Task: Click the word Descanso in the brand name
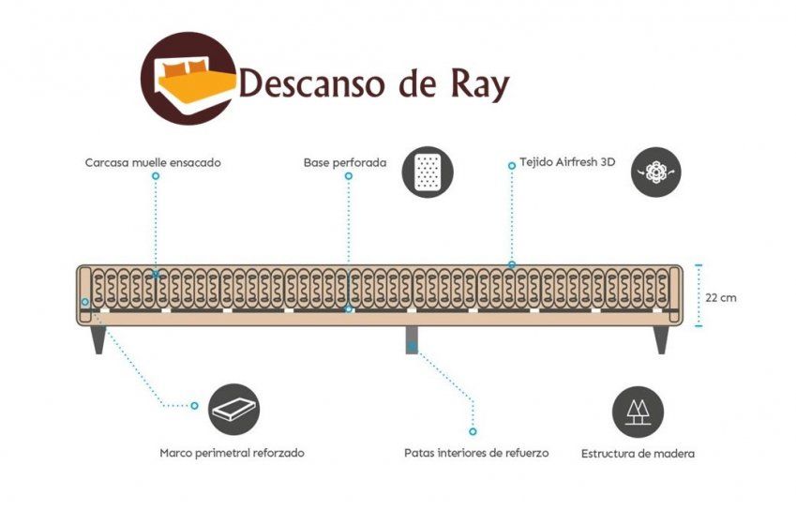coord(311,84)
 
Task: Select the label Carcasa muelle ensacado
coord(153,162)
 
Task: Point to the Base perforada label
coord(345,162)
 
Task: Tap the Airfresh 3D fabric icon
coord(655,172)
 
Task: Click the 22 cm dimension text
coord(721,297)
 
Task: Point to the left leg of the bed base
coord(98,338)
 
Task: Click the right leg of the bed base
coord(661,338)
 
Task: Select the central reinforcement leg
coord(412,339)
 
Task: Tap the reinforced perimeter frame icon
coord(233,408)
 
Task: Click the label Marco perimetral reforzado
coord(232,453)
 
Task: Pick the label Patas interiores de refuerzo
coord(476,453)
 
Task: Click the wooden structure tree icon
coord(638,412)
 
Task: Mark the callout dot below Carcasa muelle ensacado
coord(156,175)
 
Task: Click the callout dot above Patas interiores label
coord(473,431)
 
